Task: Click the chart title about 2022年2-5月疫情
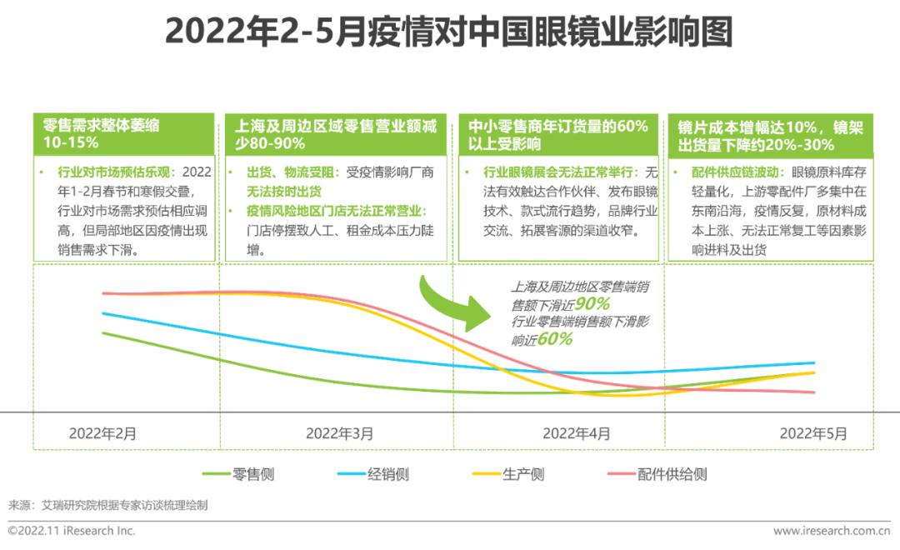[449, 33]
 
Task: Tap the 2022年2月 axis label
[102, 433]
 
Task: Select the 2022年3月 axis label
[339, 433]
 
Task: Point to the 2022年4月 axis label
[576, 433]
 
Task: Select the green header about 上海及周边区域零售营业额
[337, 134]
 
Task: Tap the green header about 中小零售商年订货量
[557, 134]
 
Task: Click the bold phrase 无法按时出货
[282, 191]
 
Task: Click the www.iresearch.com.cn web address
[831, 531]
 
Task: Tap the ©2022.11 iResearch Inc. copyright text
[72, 531]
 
